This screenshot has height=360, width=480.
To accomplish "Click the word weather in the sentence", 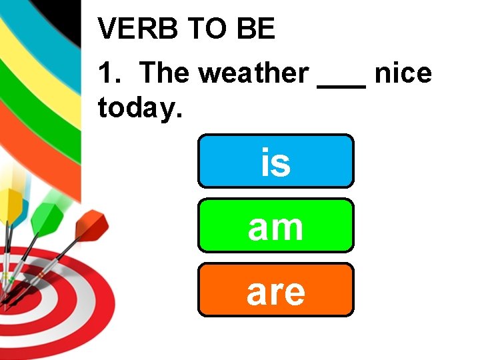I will (x=253, y=73).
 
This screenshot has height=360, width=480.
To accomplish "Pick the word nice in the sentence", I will (x=403, y=73).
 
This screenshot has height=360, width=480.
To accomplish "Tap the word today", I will (x=139, y=107).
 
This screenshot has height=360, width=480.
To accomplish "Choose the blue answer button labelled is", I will (x=275, y=161).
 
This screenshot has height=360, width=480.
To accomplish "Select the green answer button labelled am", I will (x=275, y=225).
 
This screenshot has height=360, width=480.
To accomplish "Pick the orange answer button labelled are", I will (x=275, y=289).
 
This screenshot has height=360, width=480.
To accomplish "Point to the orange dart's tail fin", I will (x=91, y=225).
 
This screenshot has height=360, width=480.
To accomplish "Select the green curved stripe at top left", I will (x=27, y=100).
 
